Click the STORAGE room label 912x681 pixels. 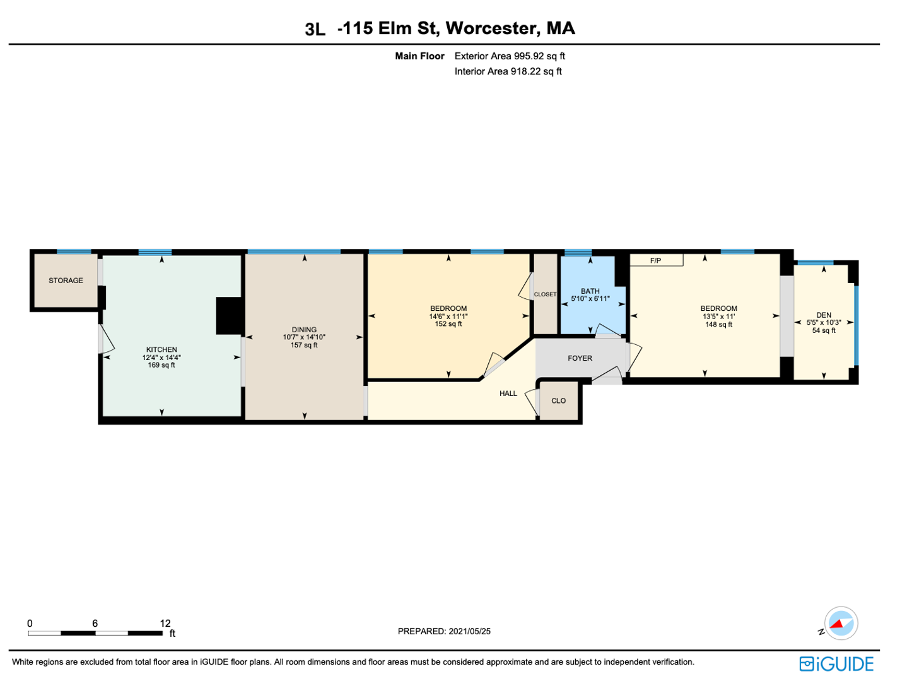click(x=66, y=281)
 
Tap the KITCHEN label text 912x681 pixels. click(x=161, y=349)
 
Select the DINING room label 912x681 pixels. click(x=304, y=330)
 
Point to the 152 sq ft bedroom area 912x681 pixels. click(x=448, y=324)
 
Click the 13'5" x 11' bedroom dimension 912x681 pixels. click(x=719, y=317)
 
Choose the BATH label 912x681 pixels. click(x=590, y=291)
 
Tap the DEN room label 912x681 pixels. click(x=824, y=315)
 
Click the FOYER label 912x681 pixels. click(x=580, y=358)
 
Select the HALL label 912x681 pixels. click(x=508, y=393)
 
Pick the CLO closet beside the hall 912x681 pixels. click(x=558, y=400)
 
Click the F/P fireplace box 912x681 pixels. click(x=657, y=260)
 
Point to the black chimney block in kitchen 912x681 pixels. click(x=229, y=316)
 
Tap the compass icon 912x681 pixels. click(x=841, y=623)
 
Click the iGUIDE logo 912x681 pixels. click(x=836, y=664)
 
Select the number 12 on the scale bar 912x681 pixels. click(x=165, y=623)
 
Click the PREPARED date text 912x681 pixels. click(x=444, y=632)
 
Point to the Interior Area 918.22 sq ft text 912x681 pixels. click(x=508, y=71)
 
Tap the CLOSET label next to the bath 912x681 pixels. click(x=545, y=294)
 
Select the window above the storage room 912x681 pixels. click(x=74, y=252)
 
